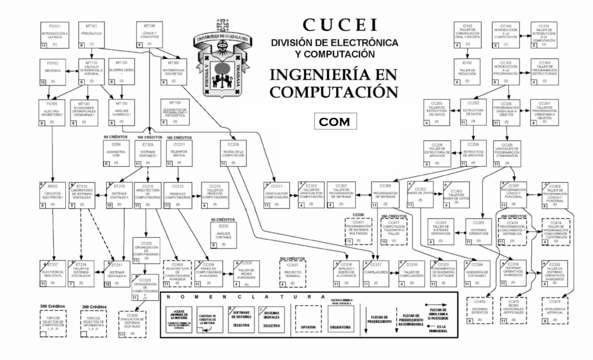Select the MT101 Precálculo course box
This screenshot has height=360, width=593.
tap(92, 36)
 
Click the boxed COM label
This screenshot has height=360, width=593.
tap(335, 121)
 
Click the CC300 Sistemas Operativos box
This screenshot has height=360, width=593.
tap(479, 232)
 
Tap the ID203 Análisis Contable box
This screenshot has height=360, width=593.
tap(224, 235)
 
